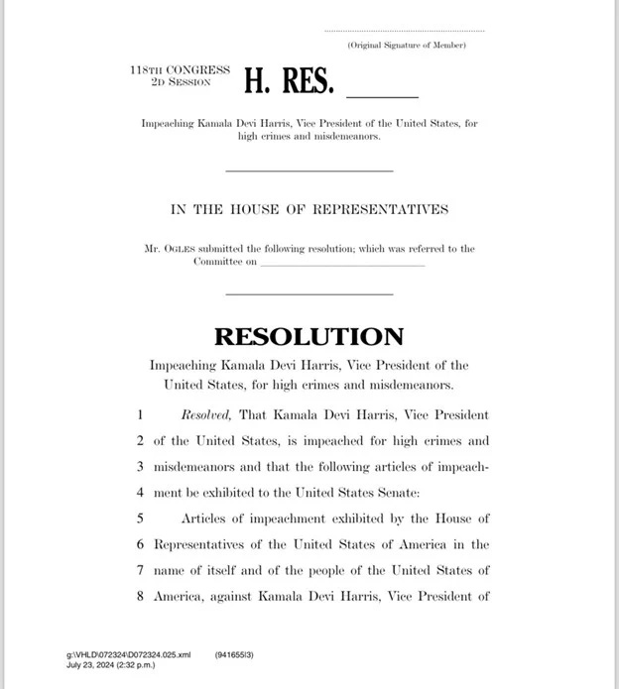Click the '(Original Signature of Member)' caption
pos(407,46)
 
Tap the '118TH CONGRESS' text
pos(180,70)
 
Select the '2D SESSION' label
pos(181,82)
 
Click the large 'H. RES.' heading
pos(288,82)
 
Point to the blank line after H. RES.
pos(382,96)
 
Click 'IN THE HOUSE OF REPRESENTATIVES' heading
pos(309,210)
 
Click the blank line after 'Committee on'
pos(342,264)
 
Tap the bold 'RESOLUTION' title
pos(309,336)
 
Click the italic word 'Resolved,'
pos(206,414)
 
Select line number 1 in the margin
pos(141,414)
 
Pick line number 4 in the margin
pos(141,492)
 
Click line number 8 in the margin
pos(141,596)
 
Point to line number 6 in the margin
pos(141,544)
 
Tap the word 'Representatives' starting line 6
pos(202,544)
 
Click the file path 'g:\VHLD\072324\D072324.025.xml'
pos(128,655)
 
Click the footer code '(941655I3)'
pos(233,655)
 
